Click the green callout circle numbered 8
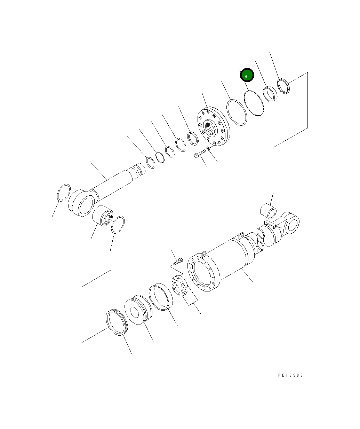(x=247, y=75)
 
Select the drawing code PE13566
(x=290, y=375)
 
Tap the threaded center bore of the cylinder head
(x=211, y=127)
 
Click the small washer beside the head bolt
(x=208, y=149)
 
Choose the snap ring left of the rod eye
(x=64, y=192)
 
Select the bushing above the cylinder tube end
(x=269, y=210)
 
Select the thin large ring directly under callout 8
(x=254, y=103)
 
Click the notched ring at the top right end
(x=284, y=87)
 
